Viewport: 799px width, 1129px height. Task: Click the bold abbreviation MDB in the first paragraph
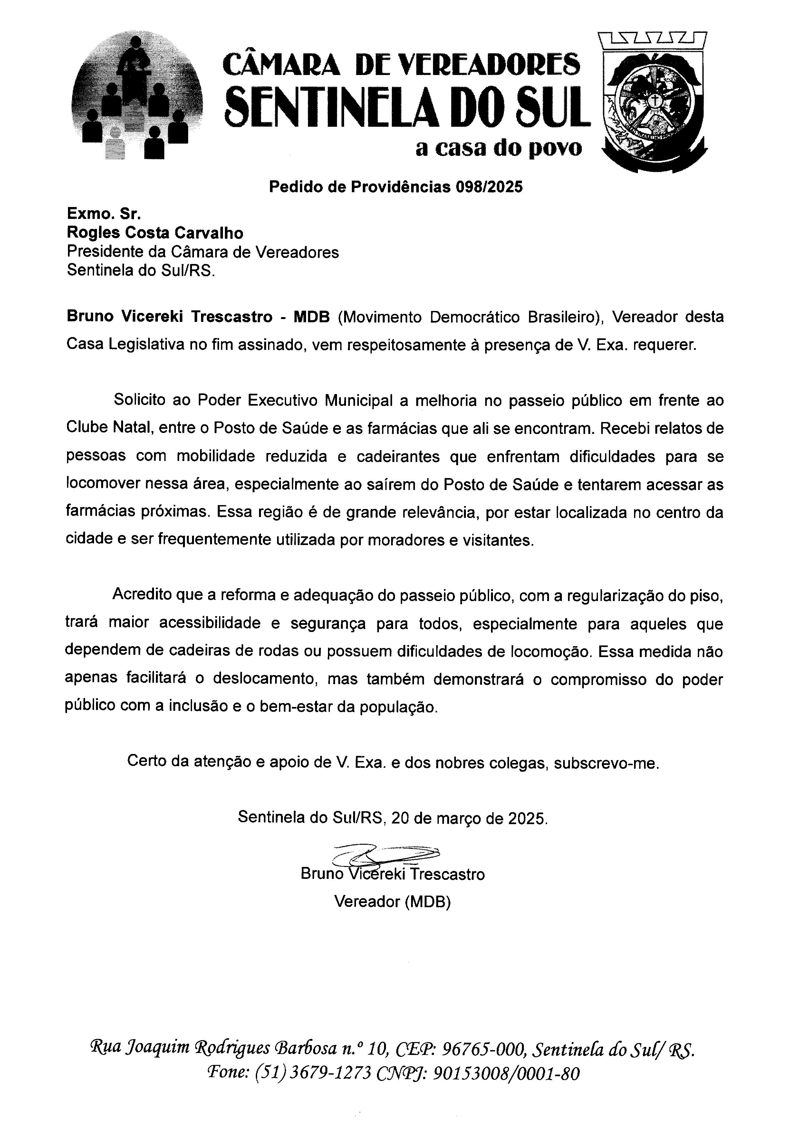tap(312, 317)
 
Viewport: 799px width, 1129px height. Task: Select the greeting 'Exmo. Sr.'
tap(104, 214)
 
